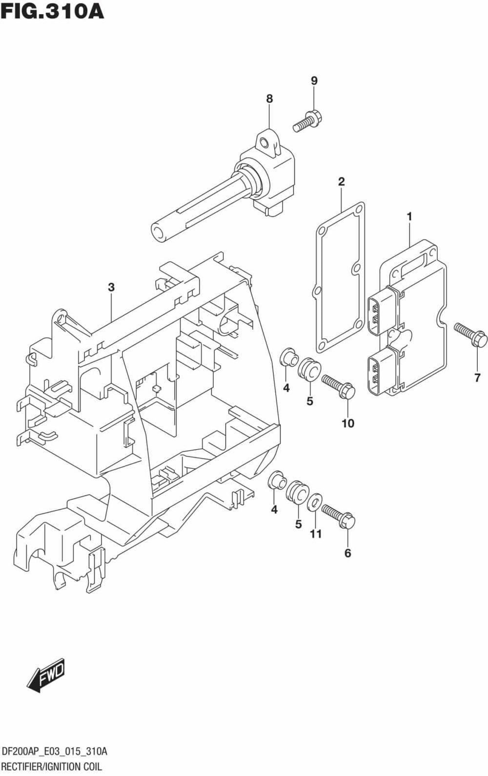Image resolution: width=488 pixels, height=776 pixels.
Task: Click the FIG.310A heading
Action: (x=52, y=11)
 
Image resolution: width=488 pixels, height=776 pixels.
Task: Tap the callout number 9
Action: (x=314, y=81)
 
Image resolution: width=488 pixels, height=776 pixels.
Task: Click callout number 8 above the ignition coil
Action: (x=269, y=99)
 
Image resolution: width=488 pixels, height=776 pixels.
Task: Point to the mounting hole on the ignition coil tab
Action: (x=264, y=143)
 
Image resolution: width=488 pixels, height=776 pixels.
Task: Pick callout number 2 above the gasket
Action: (x=341, y=182)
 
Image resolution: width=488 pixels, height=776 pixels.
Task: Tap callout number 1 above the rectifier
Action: (x=409, y=216)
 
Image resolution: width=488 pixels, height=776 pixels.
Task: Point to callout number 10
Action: (x=347, y=423)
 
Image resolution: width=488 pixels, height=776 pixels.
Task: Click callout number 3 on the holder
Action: (x=111, y=287)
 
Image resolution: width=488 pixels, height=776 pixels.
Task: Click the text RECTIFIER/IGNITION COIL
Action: (x=51, y=766)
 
